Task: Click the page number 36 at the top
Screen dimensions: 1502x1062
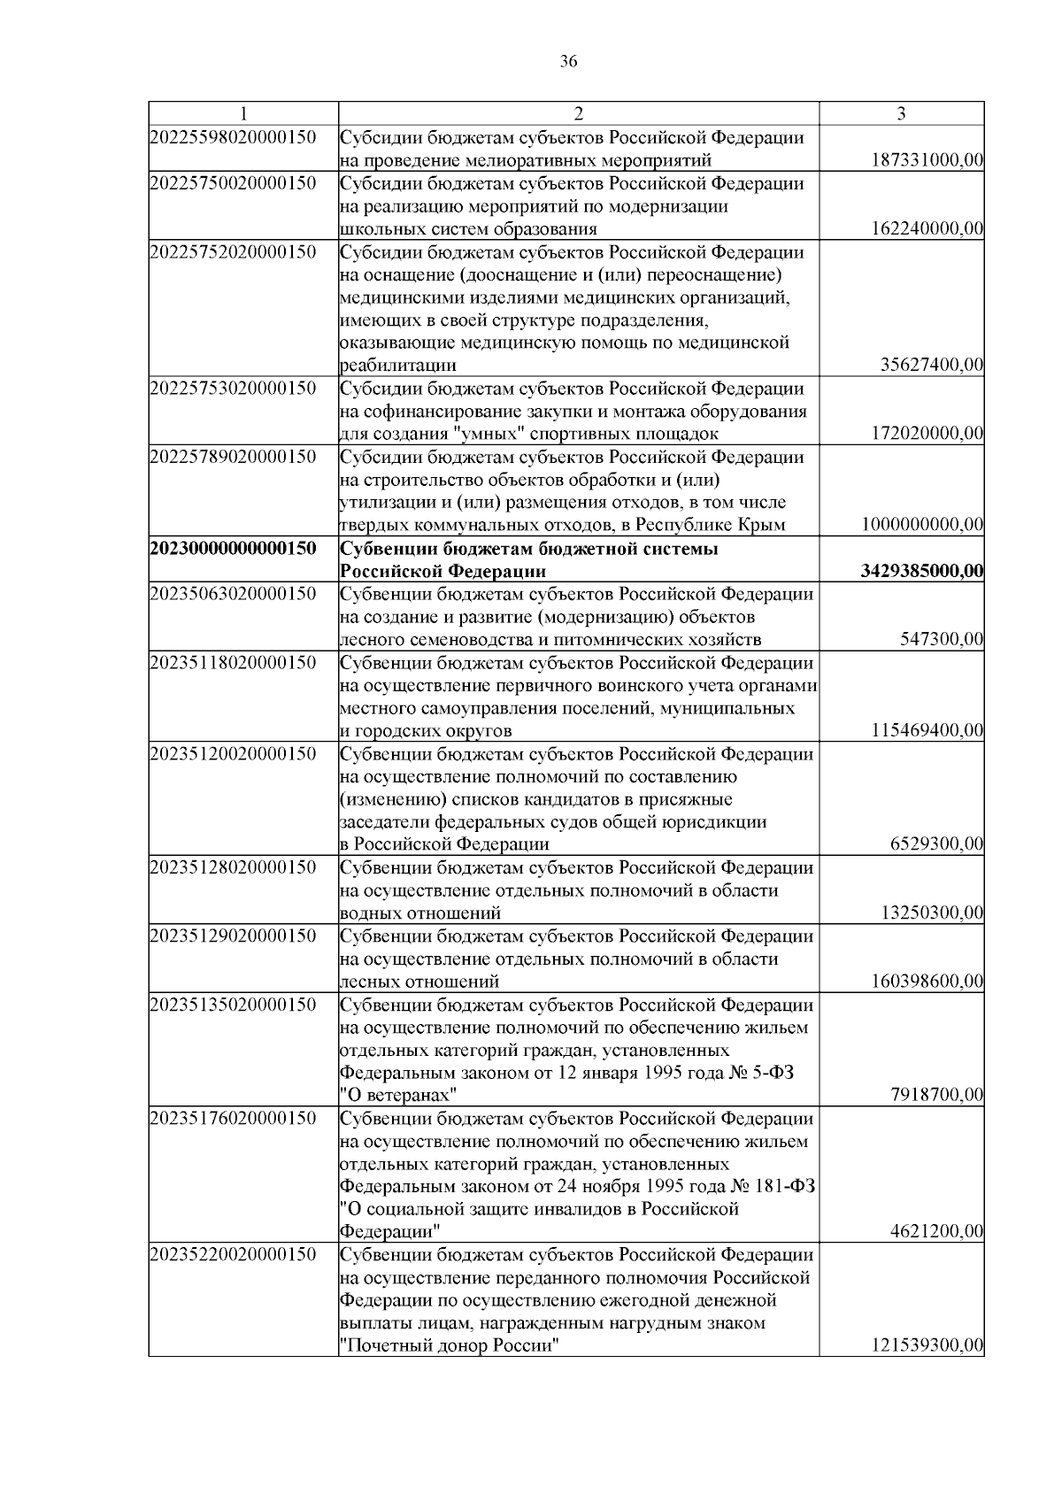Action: click(568, 61)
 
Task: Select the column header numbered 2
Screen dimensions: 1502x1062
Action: click(578, 113)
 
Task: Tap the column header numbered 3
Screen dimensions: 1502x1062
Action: click(901, 113)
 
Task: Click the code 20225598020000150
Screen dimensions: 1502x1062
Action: click(234, 137)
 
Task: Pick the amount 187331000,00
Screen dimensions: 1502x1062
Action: click(928, 160)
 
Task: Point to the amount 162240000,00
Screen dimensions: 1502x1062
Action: click(928, 229)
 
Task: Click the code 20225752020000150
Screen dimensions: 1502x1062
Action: click(234, 252)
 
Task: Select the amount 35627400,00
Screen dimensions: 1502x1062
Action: click(933, 366)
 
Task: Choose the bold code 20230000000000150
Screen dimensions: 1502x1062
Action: click(234, 549)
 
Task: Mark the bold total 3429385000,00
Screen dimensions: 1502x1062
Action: click(922, 571)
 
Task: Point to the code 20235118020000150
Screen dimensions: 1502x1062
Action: click(234, 663)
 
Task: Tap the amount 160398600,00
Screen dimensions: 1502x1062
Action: click(928, 982)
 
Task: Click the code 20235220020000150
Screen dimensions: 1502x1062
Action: click(234, 1255)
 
